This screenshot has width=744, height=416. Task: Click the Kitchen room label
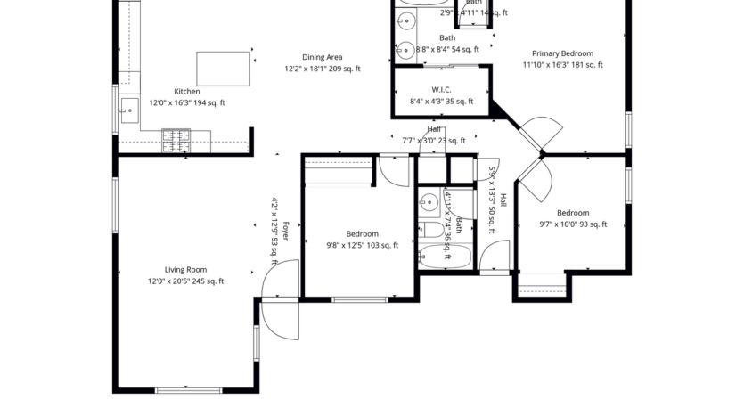pyautogui.click(x=186, y=91)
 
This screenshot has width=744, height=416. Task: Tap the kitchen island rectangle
pyautogui.click(x=223, y=69)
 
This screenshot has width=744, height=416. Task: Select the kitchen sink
pyautogui.click(x=127, y=112)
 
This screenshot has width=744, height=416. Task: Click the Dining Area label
pyautogui.click(x=322, y=57)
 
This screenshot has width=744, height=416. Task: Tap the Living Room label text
pyautogui.click(x=185, y=270)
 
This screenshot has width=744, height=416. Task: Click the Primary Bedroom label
pyautogui.click(x=562, y=53)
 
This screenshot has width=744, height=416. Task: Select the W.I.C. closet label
pyautogui.click(x=441, y=90)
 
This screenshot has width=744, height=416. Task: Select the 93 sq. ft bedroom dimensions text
pyautogui.click(x=573, y=224)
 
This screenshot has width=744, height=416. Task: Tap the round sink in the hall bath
pyautogui.click(x=429, y=201)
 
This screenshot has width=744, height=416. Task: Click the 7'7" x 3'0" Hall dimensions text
pyautogui.click(x=433, y=140)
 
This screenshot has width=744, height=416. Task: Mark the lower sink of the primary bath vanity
pyautogui.click(x=405, y=49)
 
